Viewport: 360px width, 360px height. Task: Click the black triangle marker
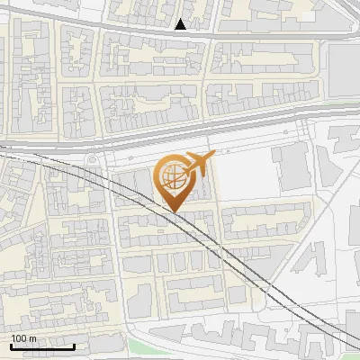182,24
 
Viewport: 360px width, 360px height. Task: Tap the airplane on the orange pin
197,165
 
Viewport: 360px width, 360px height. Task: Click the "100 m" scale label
23,338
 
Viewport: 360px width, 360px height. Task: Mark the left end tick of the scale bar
11,345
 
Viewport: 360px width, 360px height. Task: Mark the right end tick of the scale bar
75,345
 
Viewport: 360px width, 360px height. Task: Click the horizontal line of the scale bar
42,346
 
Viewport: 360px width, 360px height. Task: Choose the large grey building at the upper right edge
344,67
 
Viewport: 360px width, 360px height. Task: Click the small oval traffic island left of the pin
93,162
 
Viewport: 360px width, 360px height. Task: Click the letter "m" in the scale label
32,338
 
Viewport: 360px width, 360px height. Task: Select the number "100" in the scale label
19,338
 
